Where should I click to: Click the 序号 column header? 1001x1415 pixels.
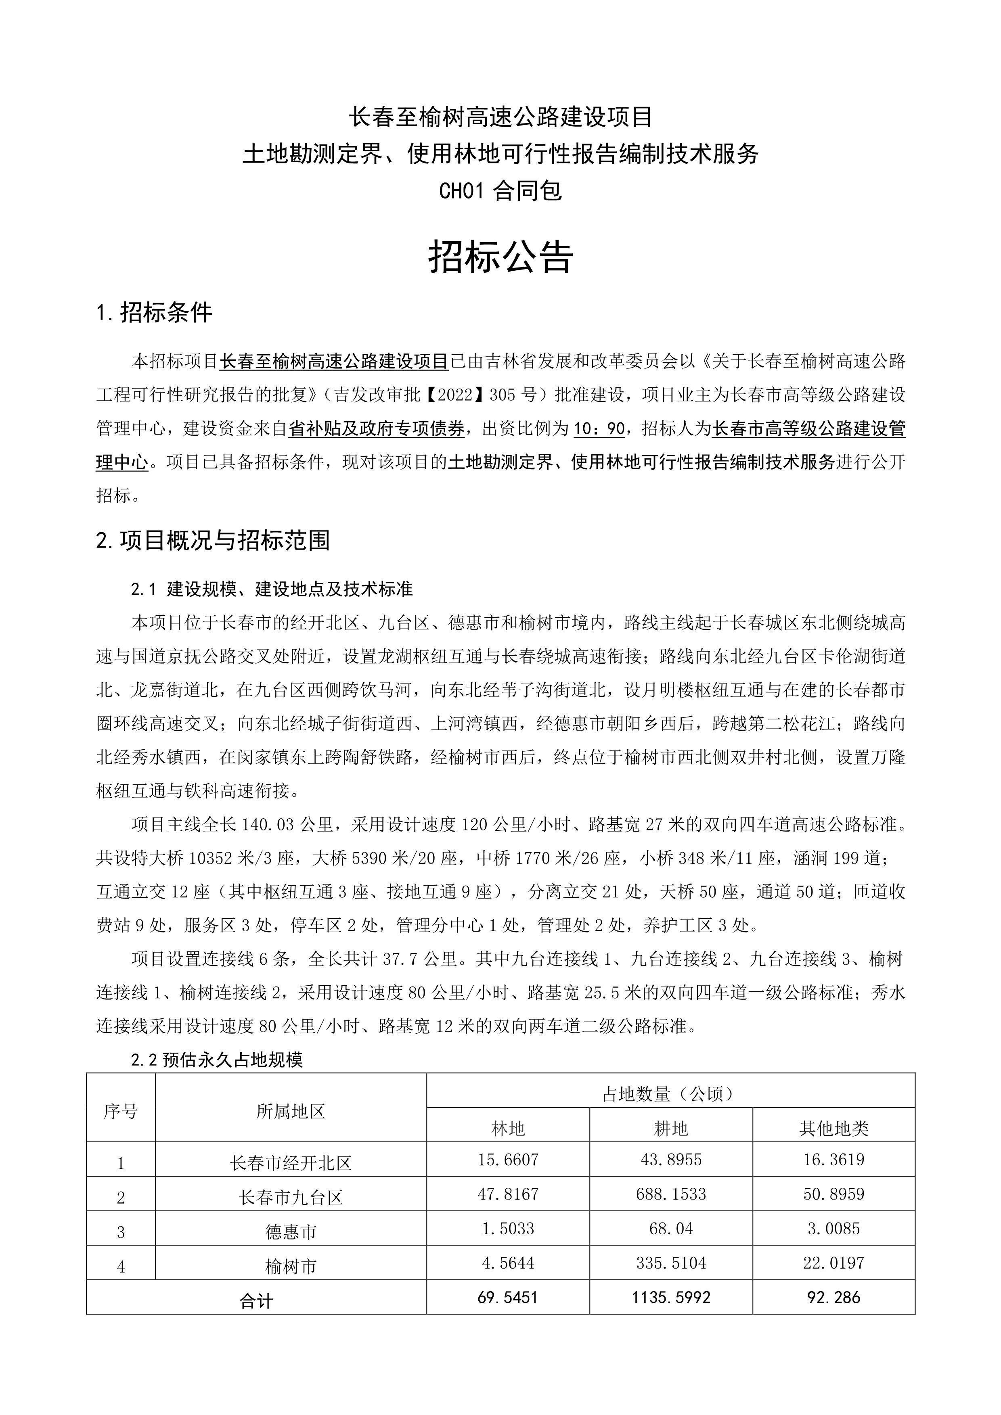point(121,1111)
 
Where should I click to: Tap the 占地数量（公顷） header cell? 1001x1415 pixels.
point(670,1094)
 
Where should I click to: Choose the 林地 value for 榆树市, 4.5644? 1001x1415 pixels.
point(508,1263)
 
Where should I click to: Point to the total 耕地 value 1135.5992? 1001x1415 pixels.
point(670,1297)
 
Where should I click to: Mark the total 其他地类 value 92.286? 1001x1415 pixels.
point(833,1297)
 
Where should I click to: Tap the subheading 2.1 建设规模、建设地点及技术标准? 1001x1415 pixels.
point(272,589)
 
